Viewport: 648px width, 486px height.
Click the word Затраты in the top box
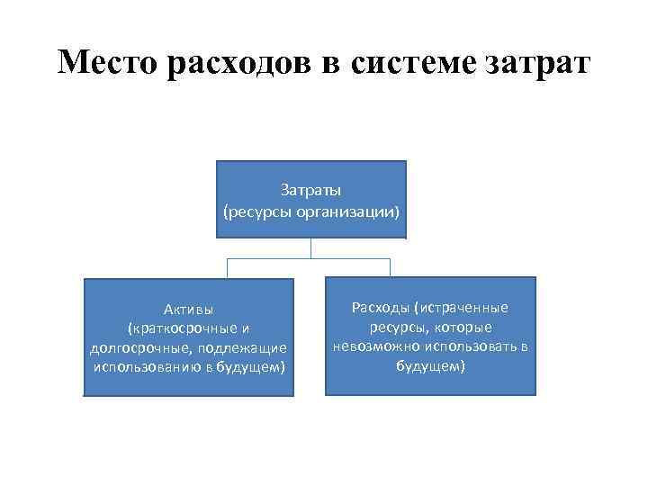310,191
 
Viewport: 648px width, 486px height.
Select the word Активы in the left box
189,310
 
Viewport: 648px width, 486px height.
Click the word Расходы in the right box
379,308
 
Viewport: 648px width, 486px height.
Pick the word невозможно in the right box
370,346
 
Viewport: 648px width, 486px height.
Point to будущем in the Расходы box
428,365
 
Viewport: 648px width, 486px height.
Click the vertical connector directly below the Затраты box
310,248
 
